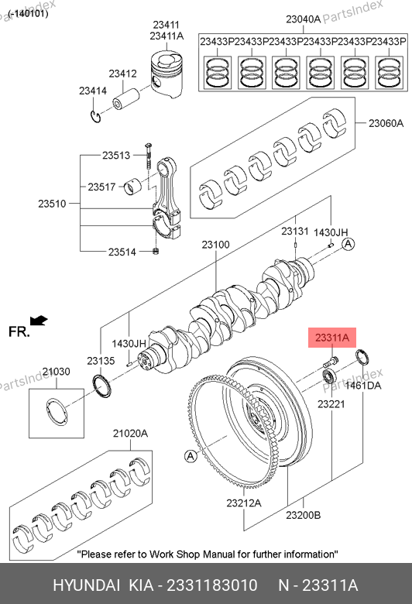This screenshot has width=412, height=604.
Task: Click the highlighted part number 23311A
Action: coord(331,338)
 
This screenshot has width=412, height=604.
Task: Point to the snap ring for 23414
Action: coord(95,116)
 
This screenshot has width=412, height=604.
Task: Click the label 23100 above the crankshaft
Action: coord(215,245)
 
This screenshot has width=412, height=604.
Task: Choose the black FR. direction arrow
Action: coord(39,321)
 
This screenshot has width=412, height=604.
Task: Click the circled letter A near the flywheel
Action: coord(191,456)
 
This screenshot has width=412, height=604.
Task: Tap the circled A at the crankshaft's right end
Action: coord(348,244)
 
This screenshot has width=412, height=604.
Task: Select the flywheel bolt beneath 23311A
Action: coord(331,362)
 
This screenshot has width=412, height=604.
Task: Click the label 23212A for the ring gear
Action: coord(244,503)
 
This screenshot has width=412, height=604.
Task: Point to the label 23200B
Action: coord(303,515)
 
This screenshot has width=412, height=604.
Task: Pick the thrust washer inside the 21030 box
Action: coord(57,412)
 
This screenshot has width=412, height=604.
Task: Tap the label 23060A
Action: coord(386,123)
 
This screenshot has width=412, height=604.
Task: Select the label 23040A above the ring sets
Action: coord(303,19)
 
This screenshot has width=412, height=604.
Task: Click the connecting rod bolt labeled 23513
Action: coord(149,156)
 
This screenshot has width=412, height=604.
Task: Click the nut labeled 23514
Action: coord(156,252)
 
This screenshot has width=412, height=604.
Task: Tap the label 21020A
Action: coord(130,434)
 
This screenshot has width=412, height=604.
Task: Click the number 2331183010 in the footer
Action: coord(211,585)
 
